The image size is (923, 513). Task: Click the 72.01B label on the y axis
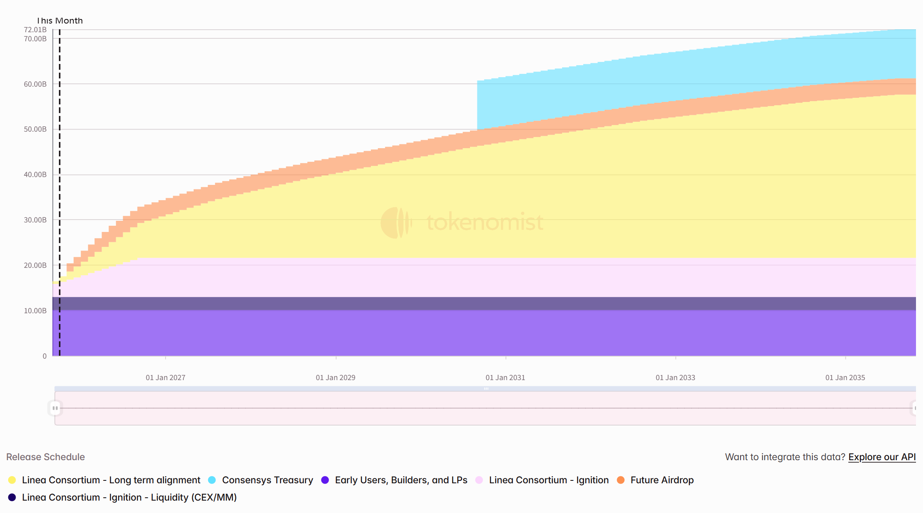[35, 30]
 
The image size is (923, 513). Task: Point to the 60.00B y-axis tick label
[35, 84]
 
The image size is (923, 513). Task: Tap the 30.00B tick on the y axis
[35, 220]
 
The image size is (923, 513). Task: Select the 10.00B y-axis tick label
[35, 311]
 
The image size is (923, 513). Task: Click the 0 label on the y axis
[45, 356]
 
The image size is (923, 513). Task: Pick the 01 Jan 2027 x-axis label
[165, 378]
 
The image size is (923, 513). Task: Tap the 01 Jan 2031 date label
[505, 378]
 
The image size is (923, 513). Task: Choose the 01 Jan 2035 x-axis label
[845, 378]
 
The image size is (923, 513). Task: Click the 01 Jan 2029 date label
[335, 378]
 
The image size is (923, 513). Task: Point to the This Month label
[60, 21]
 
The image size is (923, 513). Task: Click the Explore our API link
[882, 457]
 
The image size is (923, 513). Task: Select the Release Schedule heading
[45, 457]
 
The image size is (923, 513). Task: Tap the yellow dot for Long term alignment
[12, 480]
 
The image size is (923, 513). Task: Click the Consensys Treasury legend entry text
[267, 480]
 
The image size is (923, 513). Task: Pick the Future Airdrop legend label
[662, 480]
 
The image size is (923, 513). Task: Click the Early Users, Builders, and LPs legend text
[401, 480]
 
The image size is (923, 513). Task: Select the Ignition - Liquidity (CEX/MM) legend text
[129, 497]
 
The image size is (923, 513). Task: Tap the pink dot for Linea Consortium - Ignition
[479, 480]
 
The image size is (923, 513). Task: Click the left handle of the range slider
[55, 408]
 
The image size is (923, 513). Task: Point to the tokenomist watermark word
[484, 222]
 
